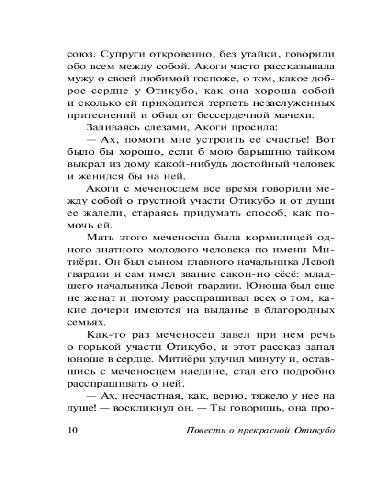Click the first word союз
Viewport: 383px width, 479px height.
79,54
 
